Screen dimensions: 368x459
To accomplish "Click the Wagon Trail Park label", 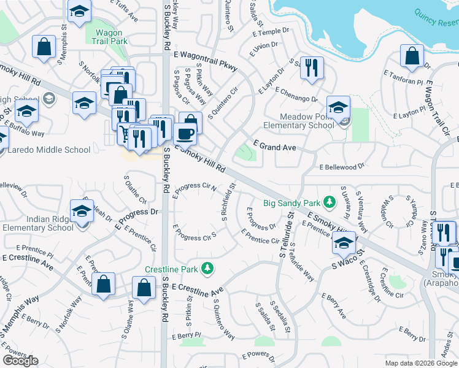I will [107, 37].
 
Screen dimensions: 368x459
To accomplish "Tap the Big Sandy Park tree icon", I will [330, 202].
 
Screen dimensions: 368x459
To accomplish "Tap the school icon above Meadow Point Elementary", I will [337, 107].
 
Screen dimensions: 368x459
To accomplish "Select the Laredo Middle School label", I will [50, 150].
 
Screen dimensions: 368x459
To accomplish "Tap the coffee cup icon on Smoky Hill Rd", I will [185, 133].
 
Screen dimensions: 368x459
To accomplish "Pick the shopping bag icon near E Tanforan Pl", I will [411, 56].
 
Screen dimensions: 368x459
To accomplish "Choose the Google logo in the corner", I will [20, 361].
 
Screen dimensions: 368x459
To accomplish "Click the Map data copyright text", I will [421, 363].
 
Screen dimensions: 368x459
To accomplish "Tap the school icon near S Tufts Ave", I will [79, 12].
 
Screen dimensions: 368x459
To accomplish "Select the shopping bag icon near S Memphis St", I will [44, 47].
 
